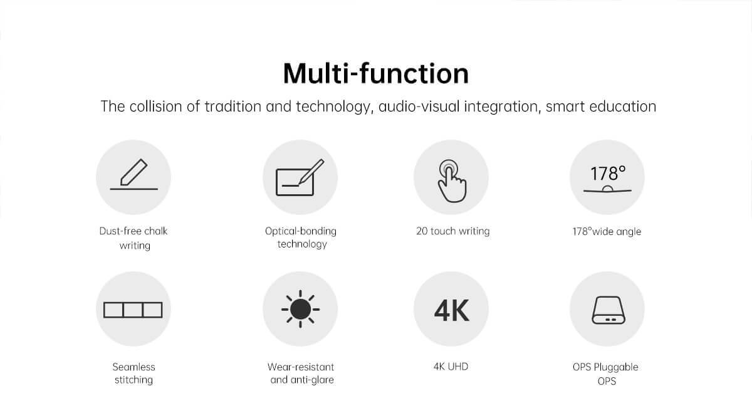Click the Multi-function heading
pos(375,73)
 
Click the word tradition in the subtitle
pos(232,107)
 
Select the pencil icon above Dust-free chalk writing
pos(133,174)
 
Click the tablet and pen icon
pos(300,177)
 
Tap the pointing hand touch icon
pos(452,181)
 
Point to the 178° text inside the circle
pos(608,174)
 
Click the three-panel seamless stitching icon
pos(133,310)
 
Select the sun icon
pos(300,309)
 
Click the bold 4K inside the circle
pos(451,310)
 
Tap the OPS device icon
pos(608,310)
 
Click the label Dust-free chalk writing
pos(133,238)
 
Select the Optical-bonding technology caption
pos(301,237)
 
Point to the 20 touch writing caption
pos(453,231)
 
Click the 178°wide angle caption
pos(607,232)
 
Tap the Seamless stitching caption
pos(133,373)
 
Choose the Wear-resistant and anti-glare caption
pos(301,373)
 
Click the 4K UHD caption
pos(451,367)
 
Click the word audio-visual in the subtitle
pos(419,107)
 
